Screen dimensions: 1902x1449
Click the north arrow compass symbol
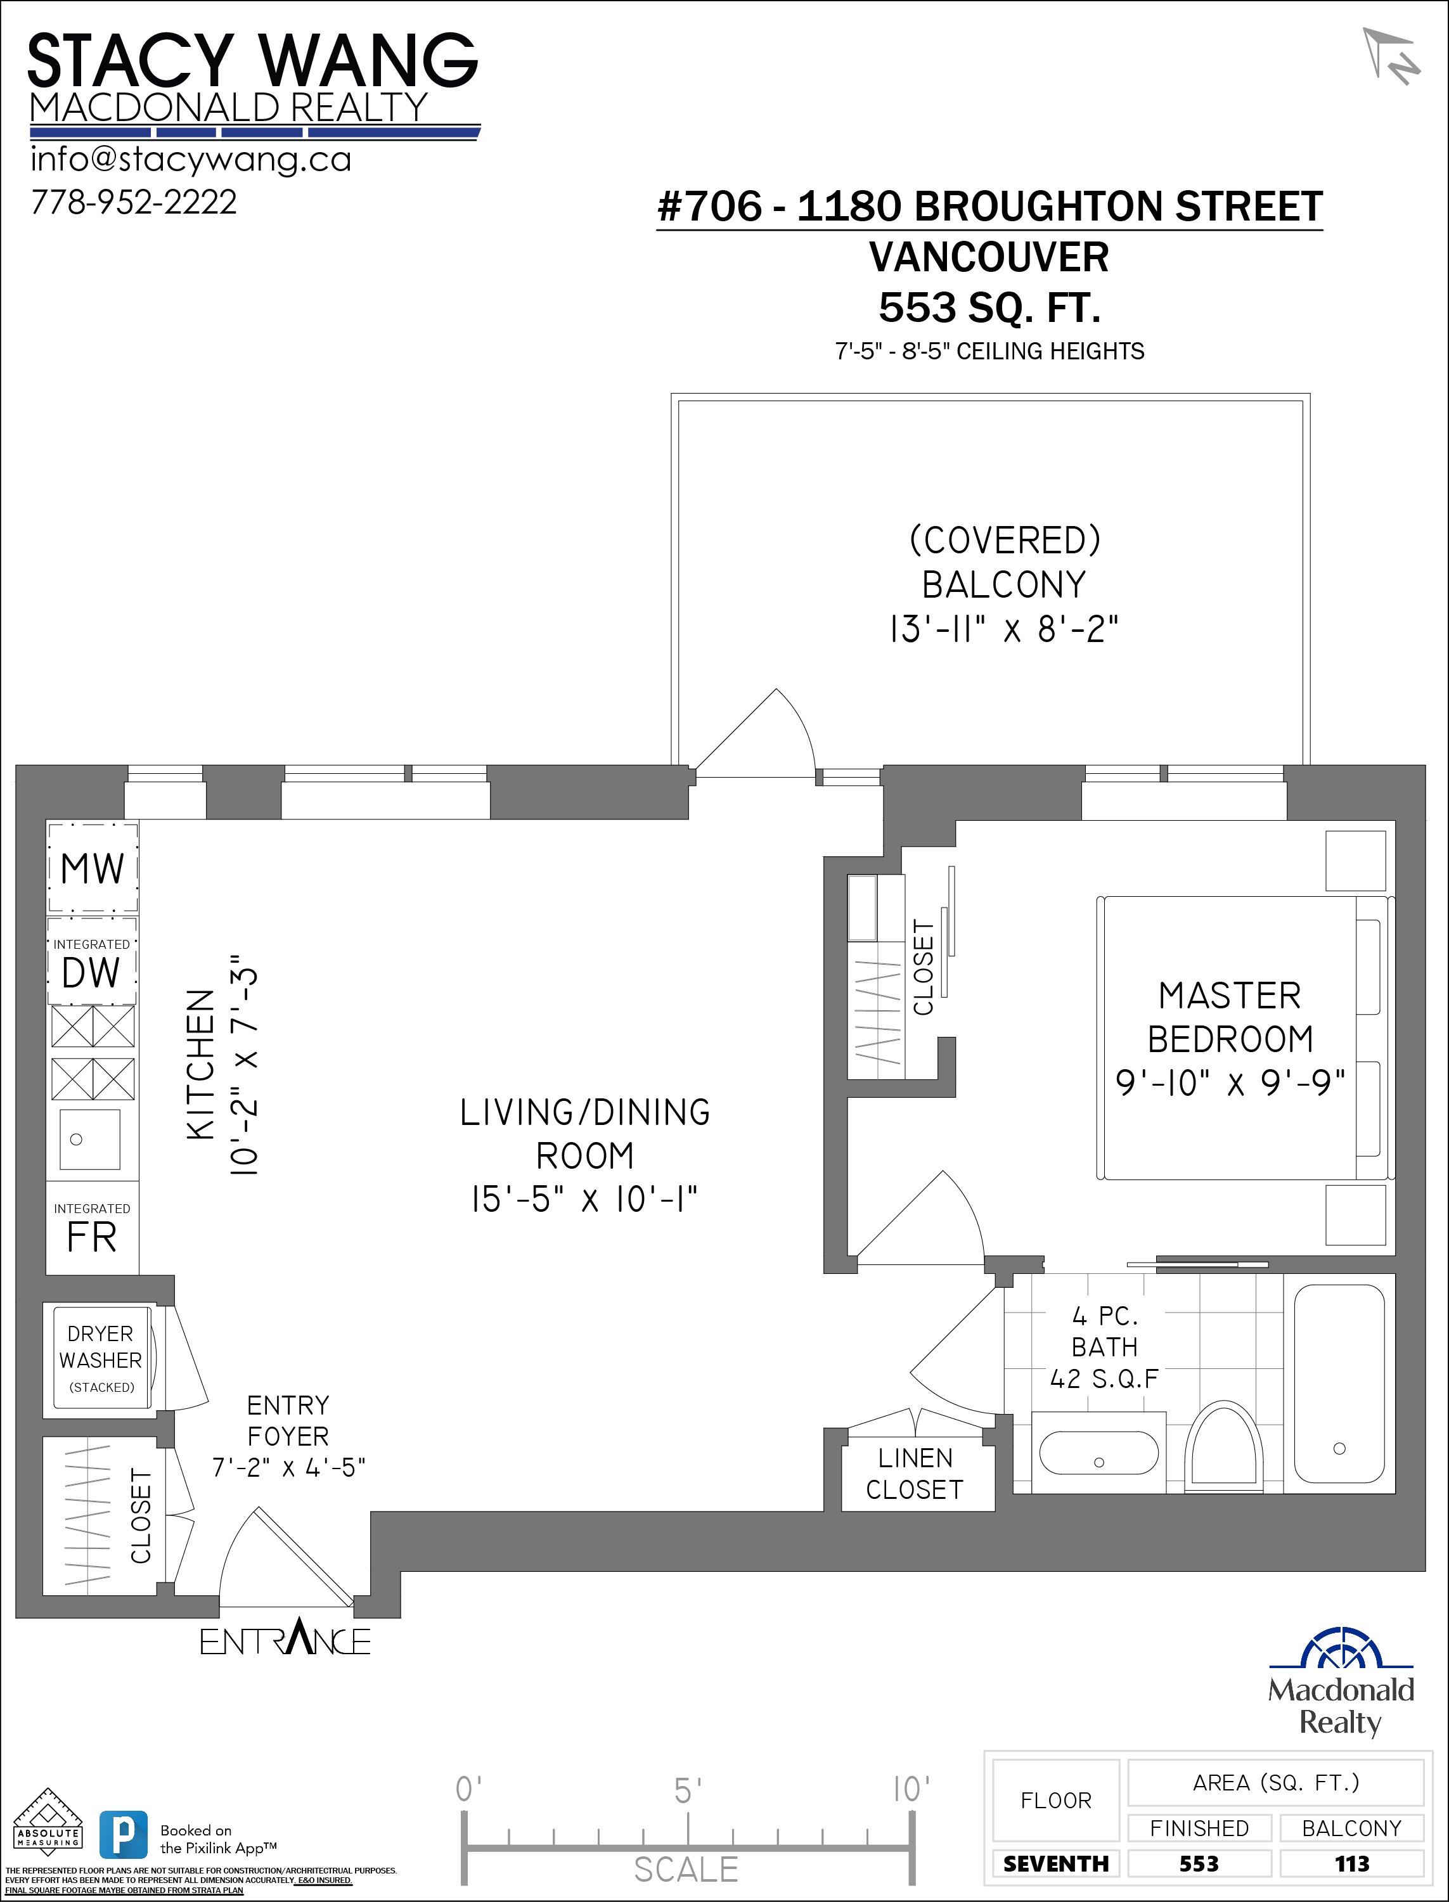1390,57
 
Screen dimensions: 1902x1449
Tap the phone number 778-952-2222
134,202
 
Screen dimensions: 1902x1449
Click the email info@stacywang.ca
191,160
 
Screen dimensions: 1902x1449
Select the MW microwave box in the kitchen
93,868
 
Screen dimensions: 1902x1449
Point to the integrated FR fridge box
91,1228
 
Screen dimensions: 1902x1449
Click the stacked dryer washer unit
101,1358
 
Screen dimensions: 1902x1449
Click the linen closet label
915,1474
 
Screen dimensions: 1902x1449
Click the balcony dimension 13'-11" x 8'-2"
1003,630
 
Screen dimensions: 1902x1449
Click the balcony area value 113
1351,1863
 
